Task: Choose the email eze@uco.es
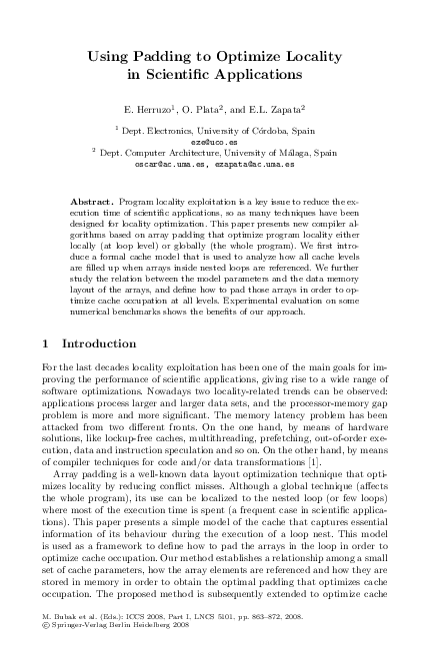pyautogui.click(x=213, y=141)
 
